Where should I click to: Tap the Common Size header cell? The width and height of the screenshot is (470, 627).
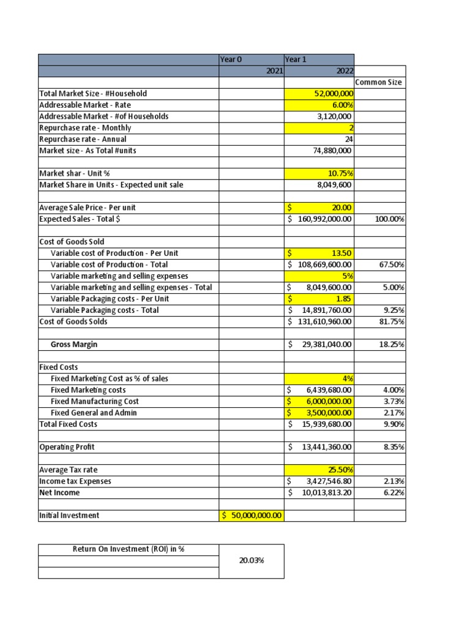pyautogui.click(x=379, y=82)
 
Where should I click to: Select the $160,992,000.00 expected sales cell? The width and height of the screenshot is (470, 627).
pyautogui.click(x=319, y=219)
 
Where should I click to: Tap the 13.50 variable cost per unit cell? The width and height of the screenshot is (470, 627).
pyautogui.click(x=319, y=253)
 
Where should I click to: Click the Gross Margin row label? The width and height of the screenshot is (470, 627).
pyautogui.click(x=74, y=345)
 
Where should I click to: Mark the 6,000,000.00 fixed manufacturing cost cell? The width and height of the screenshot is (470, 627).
pyautogui.click(x=319, y=401)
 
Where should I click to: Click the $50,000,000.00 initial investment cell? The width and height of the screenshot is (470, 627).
pyautogui.click(x=252, y=515)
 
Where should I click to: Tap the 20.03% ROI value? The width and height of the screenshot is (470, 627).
pyautogui.click(x=252, y=560)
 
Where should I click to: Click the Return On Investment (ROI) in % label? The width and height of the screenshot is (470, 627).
pyautogui.click(x=129, y=549)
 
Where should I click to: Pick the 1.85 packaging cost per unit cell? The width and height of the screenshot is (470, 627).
pyautogui.click(x=319, y=299)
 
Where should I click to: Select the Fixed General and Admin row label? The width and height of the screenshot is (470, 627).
pyautogui.click(x=94, y=413)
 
